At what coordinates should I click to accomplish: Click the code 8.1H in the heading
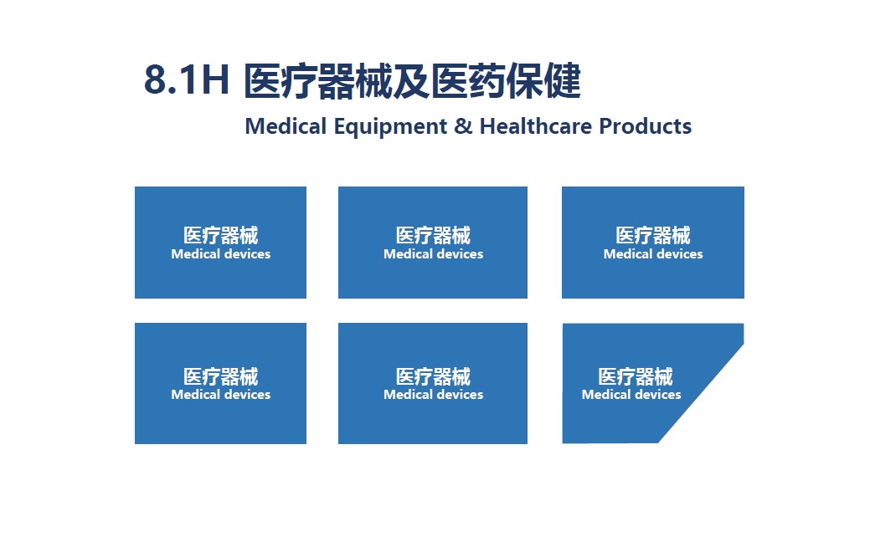pos(187,79)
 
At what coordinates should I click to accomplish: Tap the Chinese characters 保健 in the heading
pos(543,81)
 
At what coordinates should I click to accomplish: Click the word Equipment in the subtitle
pos(390,127)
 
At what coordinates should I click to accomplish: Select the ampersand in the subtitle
pos(463,125)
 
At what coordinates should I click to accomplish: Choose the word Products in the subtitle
pos(646,125)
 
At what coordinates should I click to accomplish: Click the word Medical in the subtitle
pos(286,125)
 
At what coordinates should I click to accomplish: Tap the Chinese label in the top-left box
pos(221,236)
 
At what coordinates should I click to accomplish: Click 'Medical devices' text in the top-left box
pos(221,253)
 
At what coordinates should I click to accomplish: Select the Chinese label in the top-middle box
pos(434,236)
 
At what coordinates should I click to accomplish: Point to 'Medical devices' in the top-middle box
pos(434,253)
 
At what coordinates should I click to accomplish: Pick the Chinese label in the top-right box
pos(653,236)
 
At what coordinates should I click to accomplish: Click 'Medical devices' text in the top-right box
pos(653,253)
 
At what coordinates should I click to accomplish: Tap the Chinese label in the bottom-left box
pos(221,377)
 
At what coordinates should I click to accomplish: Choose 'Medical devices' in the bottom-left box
pos(221,395)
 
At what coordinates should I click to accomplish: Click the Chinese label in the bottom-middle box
pos(434,377)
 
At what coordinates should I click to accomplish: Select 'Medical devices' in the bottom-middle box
pos(434,395)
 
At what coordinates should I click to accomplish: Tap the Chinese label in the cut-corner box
pos(636,377)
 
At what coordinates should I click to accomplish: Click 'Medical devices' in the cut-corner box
pos(631,395)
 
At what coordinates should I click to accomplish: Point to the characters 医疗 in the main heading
pos(281,81)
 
